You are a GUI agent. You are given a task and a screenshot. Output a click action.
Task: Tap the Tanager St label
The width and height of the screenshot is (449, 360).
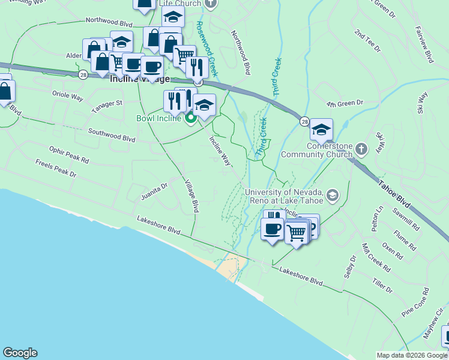pos(107,106)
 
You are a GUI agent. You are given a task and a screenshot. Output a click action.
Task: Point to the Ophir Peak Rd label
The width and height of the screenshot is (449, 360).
pos(69,155)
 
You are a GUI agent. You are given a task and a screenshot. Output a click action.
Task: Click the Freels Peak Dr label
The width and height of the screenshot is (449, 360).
pos(56,169)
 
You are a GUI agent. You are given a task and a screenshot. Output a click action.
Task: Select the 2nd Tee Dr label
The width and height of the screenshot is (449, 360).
pos(367,40)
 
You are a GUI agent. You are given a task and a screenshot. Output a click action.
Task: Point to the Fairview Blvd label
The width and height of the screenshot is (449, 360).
pos(424,44)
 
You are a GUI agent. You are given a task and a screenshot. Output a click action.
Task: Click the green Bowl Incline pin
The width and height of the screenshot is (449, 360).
pos(191,118)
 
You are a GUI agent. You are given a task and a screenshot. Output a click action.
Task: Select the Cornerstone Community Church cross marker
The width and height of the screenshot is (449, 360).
pos(361,148)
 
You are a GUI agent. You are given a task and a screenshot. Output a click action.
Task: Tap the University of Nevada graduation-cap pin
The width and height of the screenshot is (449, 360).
pos(333,195)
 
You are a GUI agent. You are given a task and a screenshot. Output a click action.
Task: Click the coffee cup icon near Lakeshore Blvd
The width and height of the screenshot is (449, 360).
pos(272,229)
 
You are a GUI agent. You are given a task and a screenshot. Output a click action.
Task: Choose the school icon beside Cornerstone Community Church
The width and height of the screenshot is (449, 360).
pos(321,129)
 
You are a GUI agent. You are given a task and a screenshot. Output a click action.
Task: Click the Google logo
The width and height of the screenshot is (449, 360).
pos(20,353)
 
